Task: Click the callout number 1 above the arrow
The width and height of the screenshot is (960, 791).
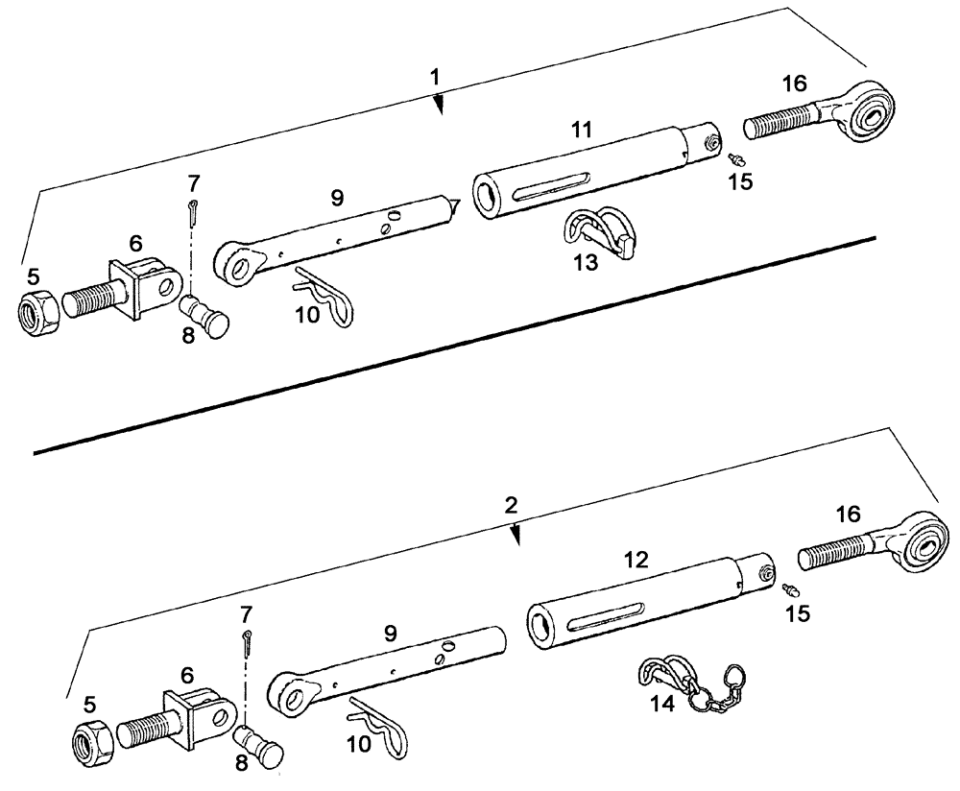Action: click(x=436, y=77)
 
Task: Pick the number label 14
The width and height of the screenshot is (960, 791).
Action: click(x=661, y=704)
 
